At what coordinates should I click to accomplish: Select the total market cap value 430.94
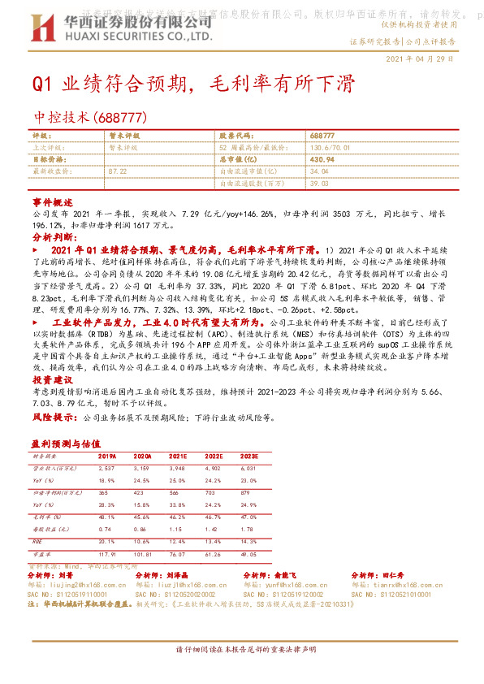coord(322,160)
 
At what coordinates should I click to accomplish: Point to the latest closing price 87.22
coord(117,172)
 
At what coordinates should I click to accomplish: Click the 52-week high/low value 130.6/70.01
coord(329,148)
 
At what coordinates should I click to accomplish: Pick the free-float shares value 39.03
coord(318,184)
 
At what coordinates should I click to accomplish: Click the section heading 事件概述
coord(54,201)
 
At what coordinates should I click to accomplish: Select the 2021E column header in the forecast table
coord(177,457)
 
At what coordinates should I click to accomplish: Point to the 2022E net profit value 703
coord(212,491)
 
